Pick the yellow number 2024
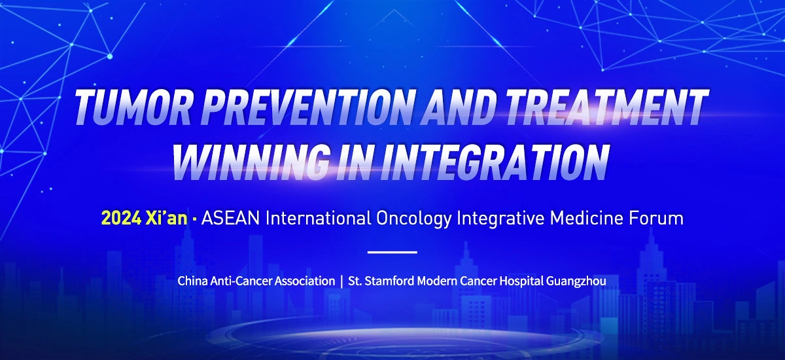point(121,218)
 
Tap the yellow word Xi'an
point(166,218)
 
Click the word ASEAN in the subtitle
point(230,218)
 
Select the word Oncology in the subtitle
point(414,219)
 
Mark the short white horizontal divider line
point(392,252)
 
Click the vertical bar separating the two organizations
point(341,281)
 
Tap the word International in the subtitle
point(318,218)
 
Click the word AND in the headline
point(454,107)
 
